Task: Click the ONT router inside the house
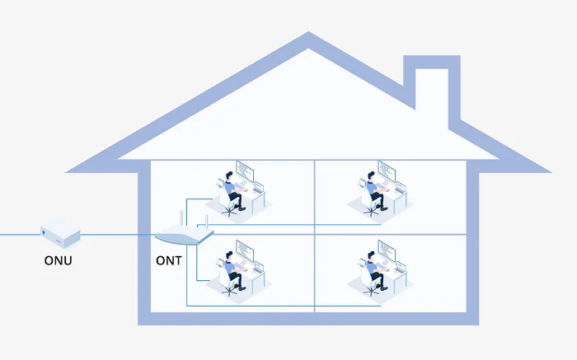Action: point(184,236)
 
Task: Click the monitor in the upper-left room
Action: point(245,171)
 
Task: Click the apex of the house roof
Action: point(308,37)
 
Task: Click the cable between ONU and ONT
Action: point(115,235)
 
